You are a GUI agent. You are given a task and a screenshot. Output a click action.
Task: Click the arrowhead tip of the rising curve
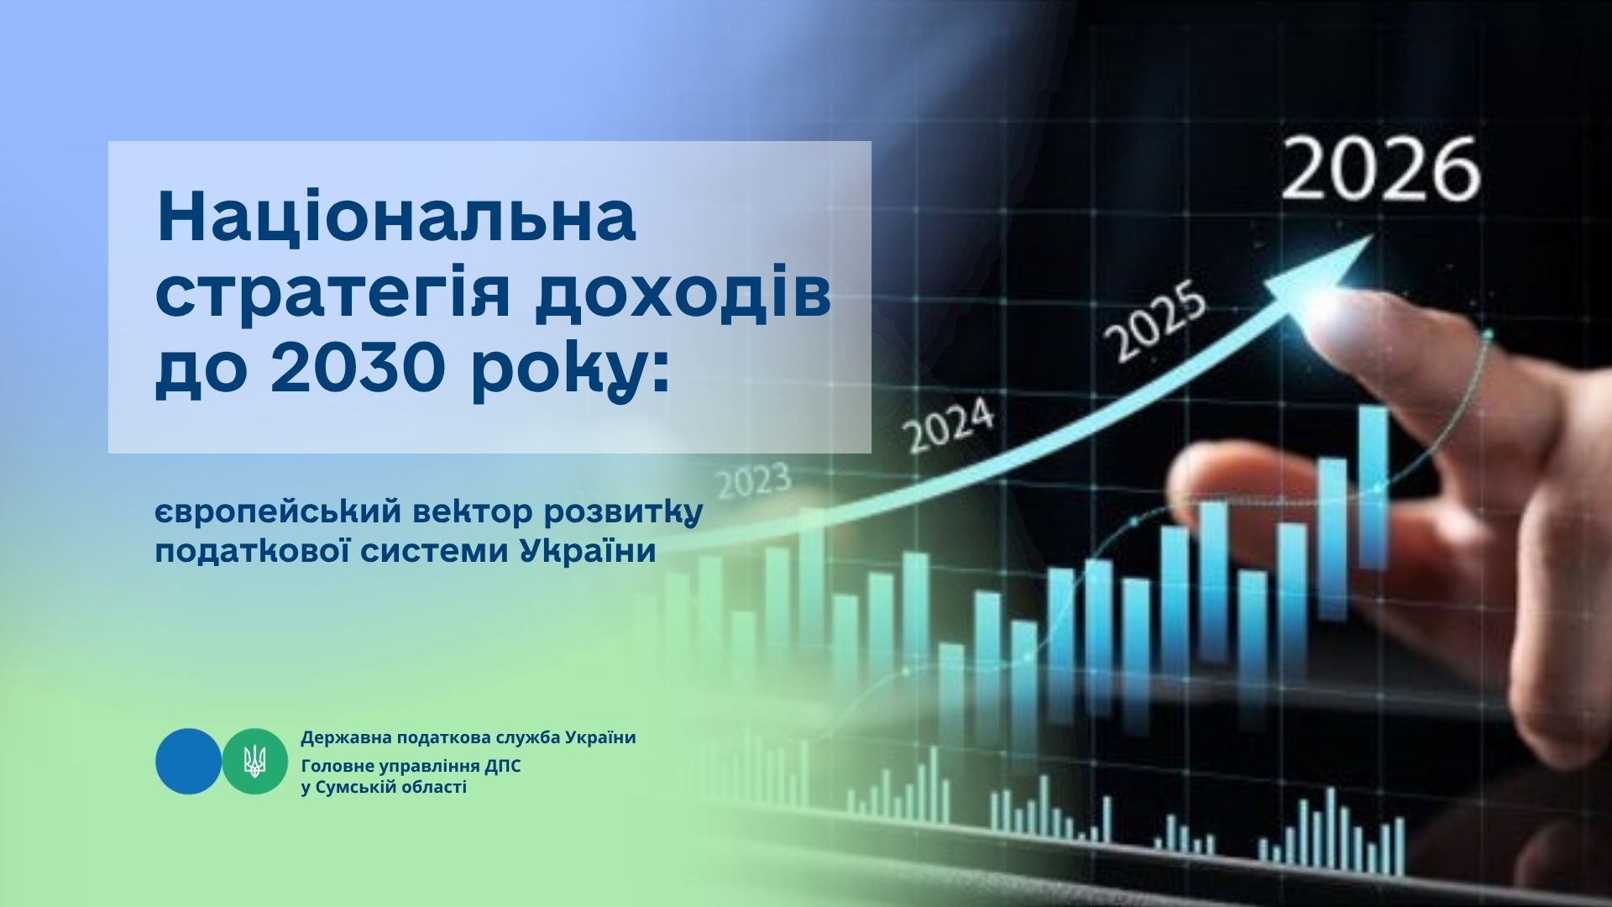pos(1373,234)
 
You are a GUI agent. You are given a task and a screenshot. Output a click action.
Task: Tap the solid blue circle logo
pos(189,761)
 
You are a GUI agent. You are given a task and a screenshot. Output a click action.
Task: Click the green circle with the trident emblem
pos(254,761)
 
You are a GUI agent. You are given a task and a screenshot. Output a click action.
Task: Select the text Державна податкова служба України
pos(468,738)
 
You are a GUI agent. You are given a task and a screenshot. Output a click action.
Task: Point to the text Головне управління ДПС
pos(411,767)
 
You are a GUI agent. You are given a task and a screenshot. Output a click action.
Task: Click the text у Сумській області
pos(384,787)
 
